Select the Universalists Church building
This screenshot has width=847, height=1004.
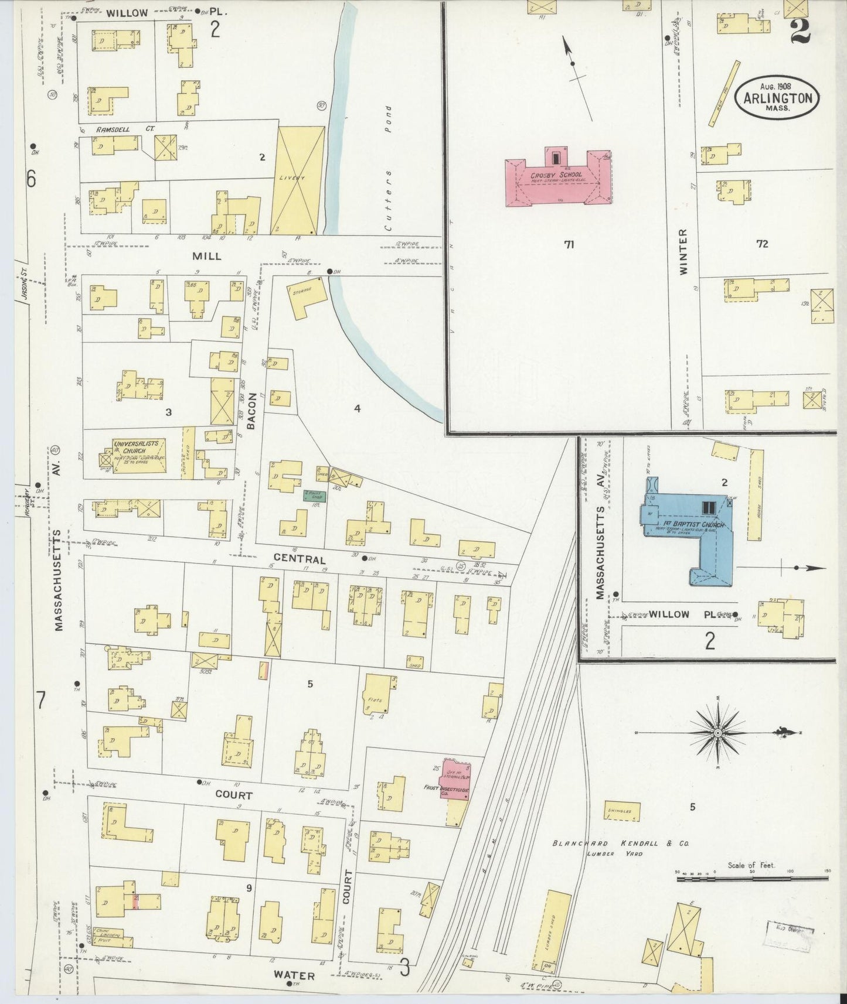[138, 456]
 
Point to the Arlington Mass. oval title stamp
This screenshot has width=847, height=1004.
[777, 98]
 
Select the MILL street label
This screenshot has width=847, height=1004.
[207, 256]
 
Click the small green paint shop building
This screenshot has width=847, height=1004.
[314, 496]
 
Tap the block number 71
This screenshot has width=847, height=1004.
[568, 245]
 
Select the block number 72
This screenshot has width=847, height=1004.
[761, 244]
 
